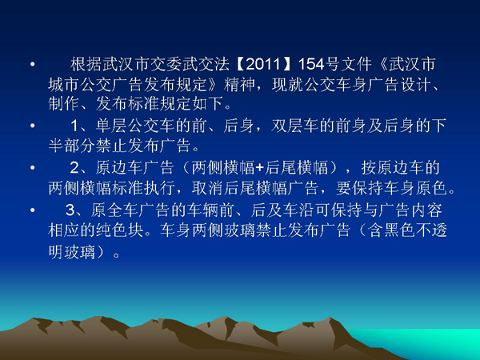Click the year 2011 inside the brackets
[263, 65]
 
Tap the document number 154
[311, 65]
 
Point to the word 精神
[239, 84]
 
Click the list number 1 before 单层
[74, 126]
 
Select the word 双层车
[294, 126]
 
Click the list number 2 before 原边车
[74, 168]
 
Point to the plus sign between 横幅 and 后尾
[259, 168]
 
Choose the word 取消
[207, 188]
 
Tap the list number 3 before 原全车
[70, 210]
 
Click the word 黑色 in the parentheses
[399, 230]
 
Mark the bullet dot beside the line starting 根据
[33, 65]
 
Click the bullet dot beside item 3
[33, 210]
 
